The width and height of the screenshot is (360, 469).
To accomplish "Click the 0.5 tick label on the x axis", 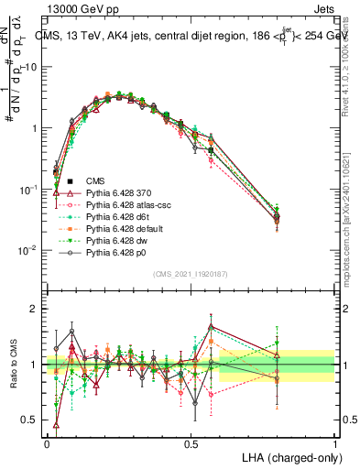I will pyautogui.click(x=191, y=442).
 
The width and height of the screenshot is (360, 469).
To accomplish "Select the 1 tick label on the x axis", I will pyautogui.click(x=334, y=442).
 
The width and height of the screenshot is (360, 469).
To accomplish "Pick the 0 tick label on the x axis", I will pyautogui.click(x=47, y=442).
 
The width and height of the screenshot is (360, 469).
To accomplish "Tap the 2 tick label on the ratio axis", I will pyautogui.click(x=34, y=309).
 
